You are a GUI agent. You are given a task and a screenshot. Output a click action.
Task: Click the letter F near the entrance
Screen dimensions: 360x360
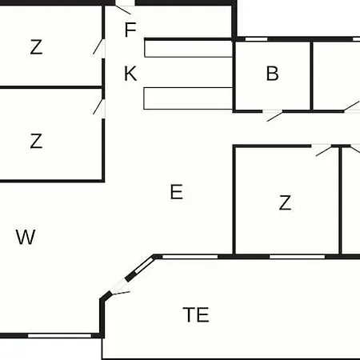click(130, 30)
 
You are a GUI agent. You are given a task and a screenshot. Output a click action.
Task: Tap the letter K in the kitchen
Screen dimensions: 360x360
click(130, 74)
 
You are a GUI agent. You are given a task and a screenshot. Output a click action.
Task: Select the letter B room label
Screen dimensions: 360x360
click(272, 74)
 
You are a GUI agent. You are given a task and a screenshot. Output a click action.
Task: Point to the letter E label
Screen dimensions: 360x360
click(177, 192)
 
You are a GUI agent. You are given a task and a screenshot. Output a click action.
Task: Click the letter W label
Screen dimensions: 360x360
click(26, 237)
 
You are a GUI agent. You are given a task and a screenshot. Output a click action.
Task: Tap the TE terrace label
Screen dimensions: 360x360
click(196, 315)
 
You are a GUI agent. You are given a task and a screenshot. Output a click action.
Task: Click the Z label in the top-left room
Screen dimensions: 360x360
click(36, 47)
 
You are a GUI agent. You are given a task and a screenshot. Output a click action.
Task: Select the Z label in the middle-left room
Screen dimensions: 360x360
click(36, 141)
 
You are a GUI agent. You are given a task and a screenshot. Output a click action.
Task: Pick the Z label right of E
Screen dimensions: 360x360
click(285, 202)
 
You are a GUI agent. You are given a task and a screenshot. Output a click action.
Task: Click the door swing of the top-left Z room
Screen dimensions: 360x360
click(98, 46)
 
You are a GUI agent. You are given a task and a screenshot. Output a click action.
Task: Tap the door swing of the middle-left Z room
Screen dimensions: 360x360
click(98, 106)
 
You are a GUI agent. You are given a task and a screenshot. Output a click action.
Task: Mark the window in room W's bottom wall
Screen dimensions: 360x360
click(60, 335)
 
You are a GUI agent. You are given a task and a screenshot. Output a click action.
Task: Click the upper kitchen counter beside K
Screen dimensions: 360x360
click(188, 49)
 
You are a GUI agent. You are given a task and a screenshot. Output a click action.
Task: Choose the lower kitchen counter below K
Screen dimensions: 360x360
click(188, 98)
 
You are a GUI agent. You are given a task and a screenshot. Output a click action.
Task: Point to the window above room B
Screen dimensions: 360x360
click(256, 39)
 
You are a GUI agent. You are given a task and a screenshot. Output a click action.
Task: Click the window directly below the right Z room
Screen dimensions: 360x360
click(297, 257)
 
